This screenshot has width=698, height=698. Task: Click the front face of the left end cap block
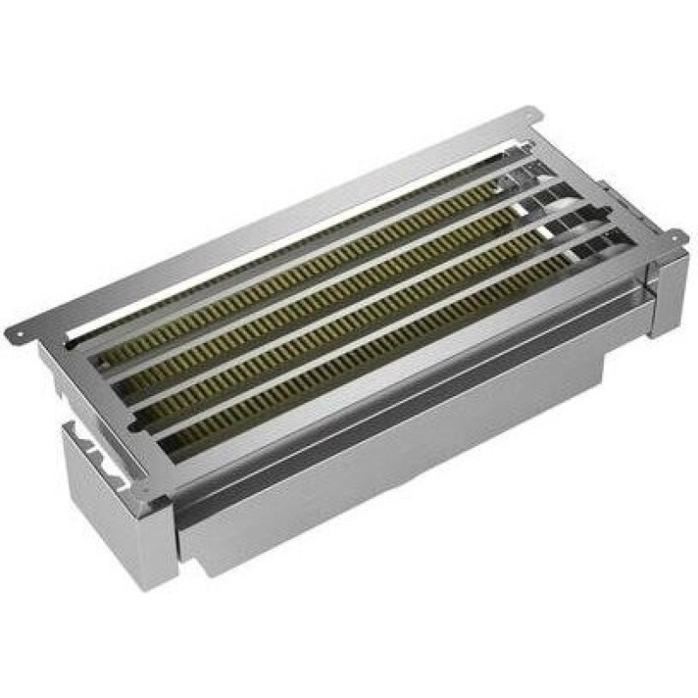(118, 523)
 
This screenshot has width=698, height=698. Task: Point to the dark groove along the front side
(393, 410)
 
